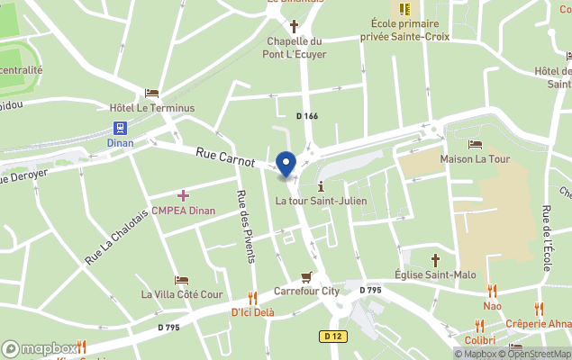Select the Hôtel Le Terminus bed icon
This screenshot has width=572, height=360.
pyautogui.click(x=151, y=93)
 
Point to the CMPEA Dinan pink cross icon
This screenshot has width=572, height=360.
pyautogui.click(x=183, y=195)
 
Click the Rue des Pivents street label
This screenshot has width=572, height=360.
pyautogui.click(x=243, y=227)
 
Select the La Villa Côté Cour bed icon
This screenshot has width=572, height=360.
pyautogui.click(x=182, y=280)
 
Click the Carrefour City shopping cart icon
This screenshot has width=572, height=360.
pyautogui.click(x=306, y=276)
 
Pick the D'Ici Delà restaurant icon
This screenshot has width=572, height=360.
pyautogui.click(x=252, y=298)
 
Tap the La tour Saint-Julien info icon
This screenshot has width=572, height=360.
pyautogui.click(x=321, y=185)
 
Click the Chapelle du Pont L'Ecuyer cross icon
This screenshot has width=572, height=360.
pyautogui.click(x=294, y=25)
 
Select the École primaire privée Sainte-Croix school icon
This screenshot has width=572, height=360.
pyautogui.click(x=404, y=8)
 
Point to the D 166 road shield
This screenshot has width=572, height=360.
pyautogui.click(x=307, y=115)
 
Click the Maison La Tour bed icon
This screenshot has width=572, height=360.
pyautogui.click(x=475, y=144)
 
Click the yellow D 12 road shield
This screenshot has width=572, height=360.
pyautogui.click(x=332, y=336)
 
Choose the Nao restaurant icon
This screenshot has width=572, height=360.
pyautogui.click(x=492, y=291)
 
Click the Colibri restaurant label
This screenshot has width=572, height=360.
pyautogui.click(x=481, y=339)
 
